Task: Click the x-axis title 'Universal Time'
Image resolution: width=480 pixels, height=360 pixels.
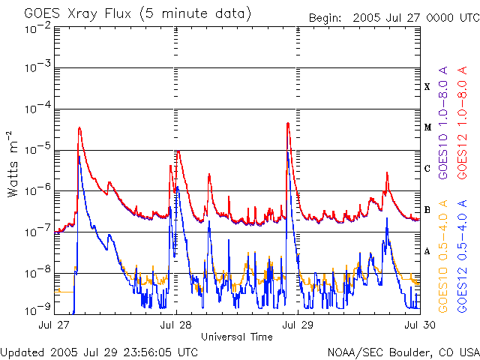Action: (x=237, y=337)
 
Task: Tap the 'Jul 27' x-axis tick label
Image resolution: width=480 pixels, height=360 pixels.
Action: (x=55, y=325)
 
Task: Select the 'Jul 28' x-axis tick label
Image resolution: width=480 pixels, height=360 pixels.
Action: (x=177, y=325)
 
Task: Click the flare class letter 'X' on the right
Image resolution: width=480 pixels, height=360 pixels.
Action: (x=427, y=87)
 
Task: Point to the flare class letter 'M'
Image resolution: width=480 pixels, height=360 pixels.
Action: (x=427, y=127)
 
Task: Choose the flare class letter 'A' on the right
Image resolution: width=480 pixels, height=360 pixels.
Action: (x=427, y=251)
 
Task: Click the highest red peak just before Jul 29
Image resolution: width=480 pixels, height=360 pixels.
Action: (x=288, y=124)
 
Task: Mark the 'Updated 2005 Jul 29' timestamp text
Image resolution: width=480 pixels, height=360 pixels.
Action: (x=100, y=352)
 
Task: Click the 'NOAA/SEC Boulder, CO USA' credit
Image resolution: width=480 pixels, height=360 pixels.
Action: (x=403, y=352)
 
